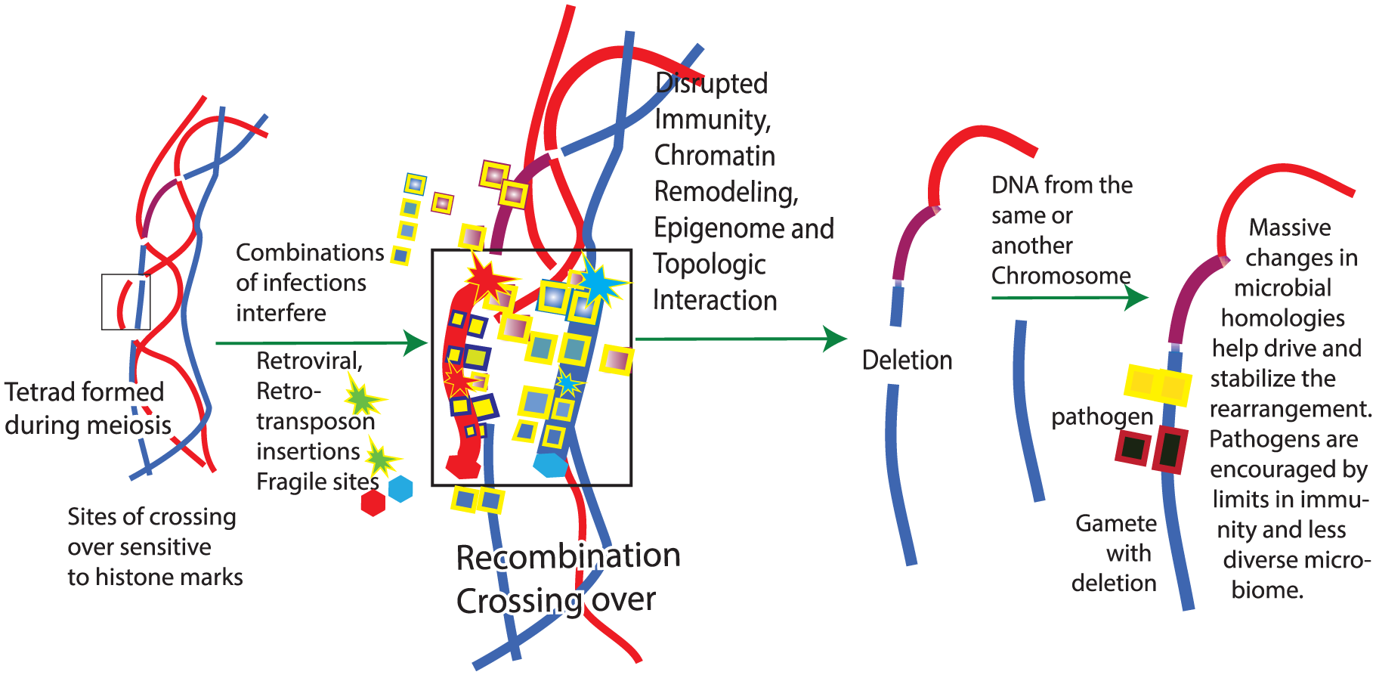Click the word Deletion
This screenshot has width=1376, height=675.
(x=907, y=361)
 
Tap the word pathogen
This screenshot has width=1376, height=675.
(x=1102, y=416)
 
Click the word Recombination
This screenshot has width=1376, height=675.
(x=568, y=557)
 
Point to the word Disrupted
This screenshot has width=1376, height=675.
(x=711, y=83)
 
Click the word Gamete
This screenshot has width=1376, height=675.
(x=1116, y=523)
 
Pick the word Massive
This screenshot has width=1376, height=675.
(x=1290, y=228)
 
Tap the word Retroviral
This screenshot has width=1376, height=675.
(x=309, y=361)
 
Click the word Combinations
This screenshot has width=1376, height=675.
(x=310, y=252)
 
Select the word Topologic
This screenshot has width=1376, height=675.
(x=710, y=265)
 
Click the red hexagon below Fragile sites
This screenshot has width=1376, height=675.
(x=373, y=503)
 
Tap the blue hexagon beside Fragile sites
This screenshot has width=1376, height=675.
(x=400, y=488)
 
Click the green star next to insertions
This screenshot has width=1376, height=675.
(x=382, y=459)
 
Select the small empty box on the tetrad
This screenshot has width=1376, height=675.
(x=125, y=302)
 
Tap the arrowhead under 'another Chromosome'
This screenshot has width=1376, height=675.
(x=1136, y=298)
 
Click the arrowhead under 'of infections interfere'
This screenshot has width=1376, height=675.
(x=416, y=342)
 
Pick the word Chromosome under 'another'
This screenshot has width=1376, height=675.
(x=1061, y=276)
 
